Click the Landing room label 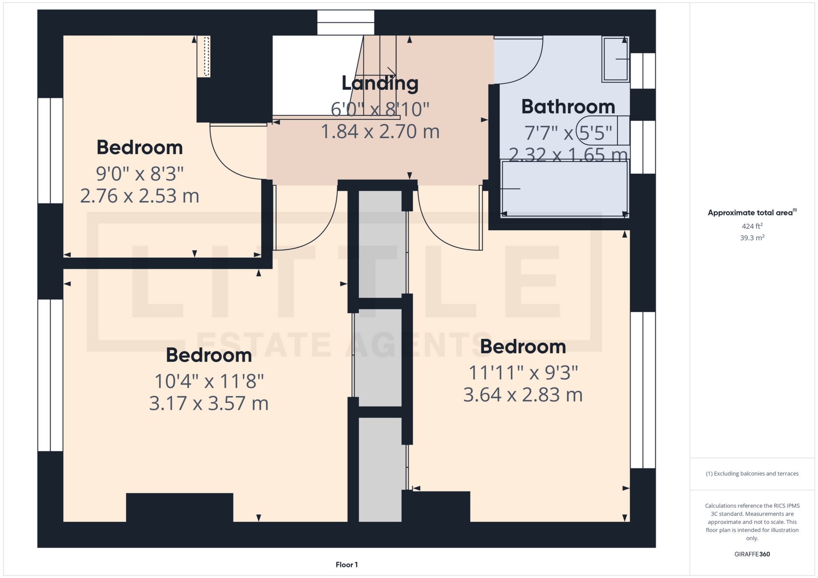pos(380,84)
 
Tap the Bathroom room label pos(568,106)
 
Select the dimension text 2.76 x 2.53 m pos(140,196)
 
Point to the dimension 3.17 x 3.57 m pos(209,403)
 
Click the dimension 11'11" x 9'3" pos(523,373)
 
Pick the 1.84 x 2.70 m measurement pos(380,131)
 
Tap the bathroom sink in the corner pos(616,59)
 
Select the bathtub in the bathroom pos(565,189)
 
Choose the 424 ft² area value pos(752,226)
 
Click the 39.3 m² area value pos(752,237)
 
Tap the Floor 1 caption pos(347,565)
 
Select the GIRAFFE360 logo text pos(752,554)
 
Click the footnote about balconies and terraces pos(752,474)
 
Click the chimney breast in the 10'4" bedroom pos(179,507)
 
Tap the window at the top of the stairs pos(346,22)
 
